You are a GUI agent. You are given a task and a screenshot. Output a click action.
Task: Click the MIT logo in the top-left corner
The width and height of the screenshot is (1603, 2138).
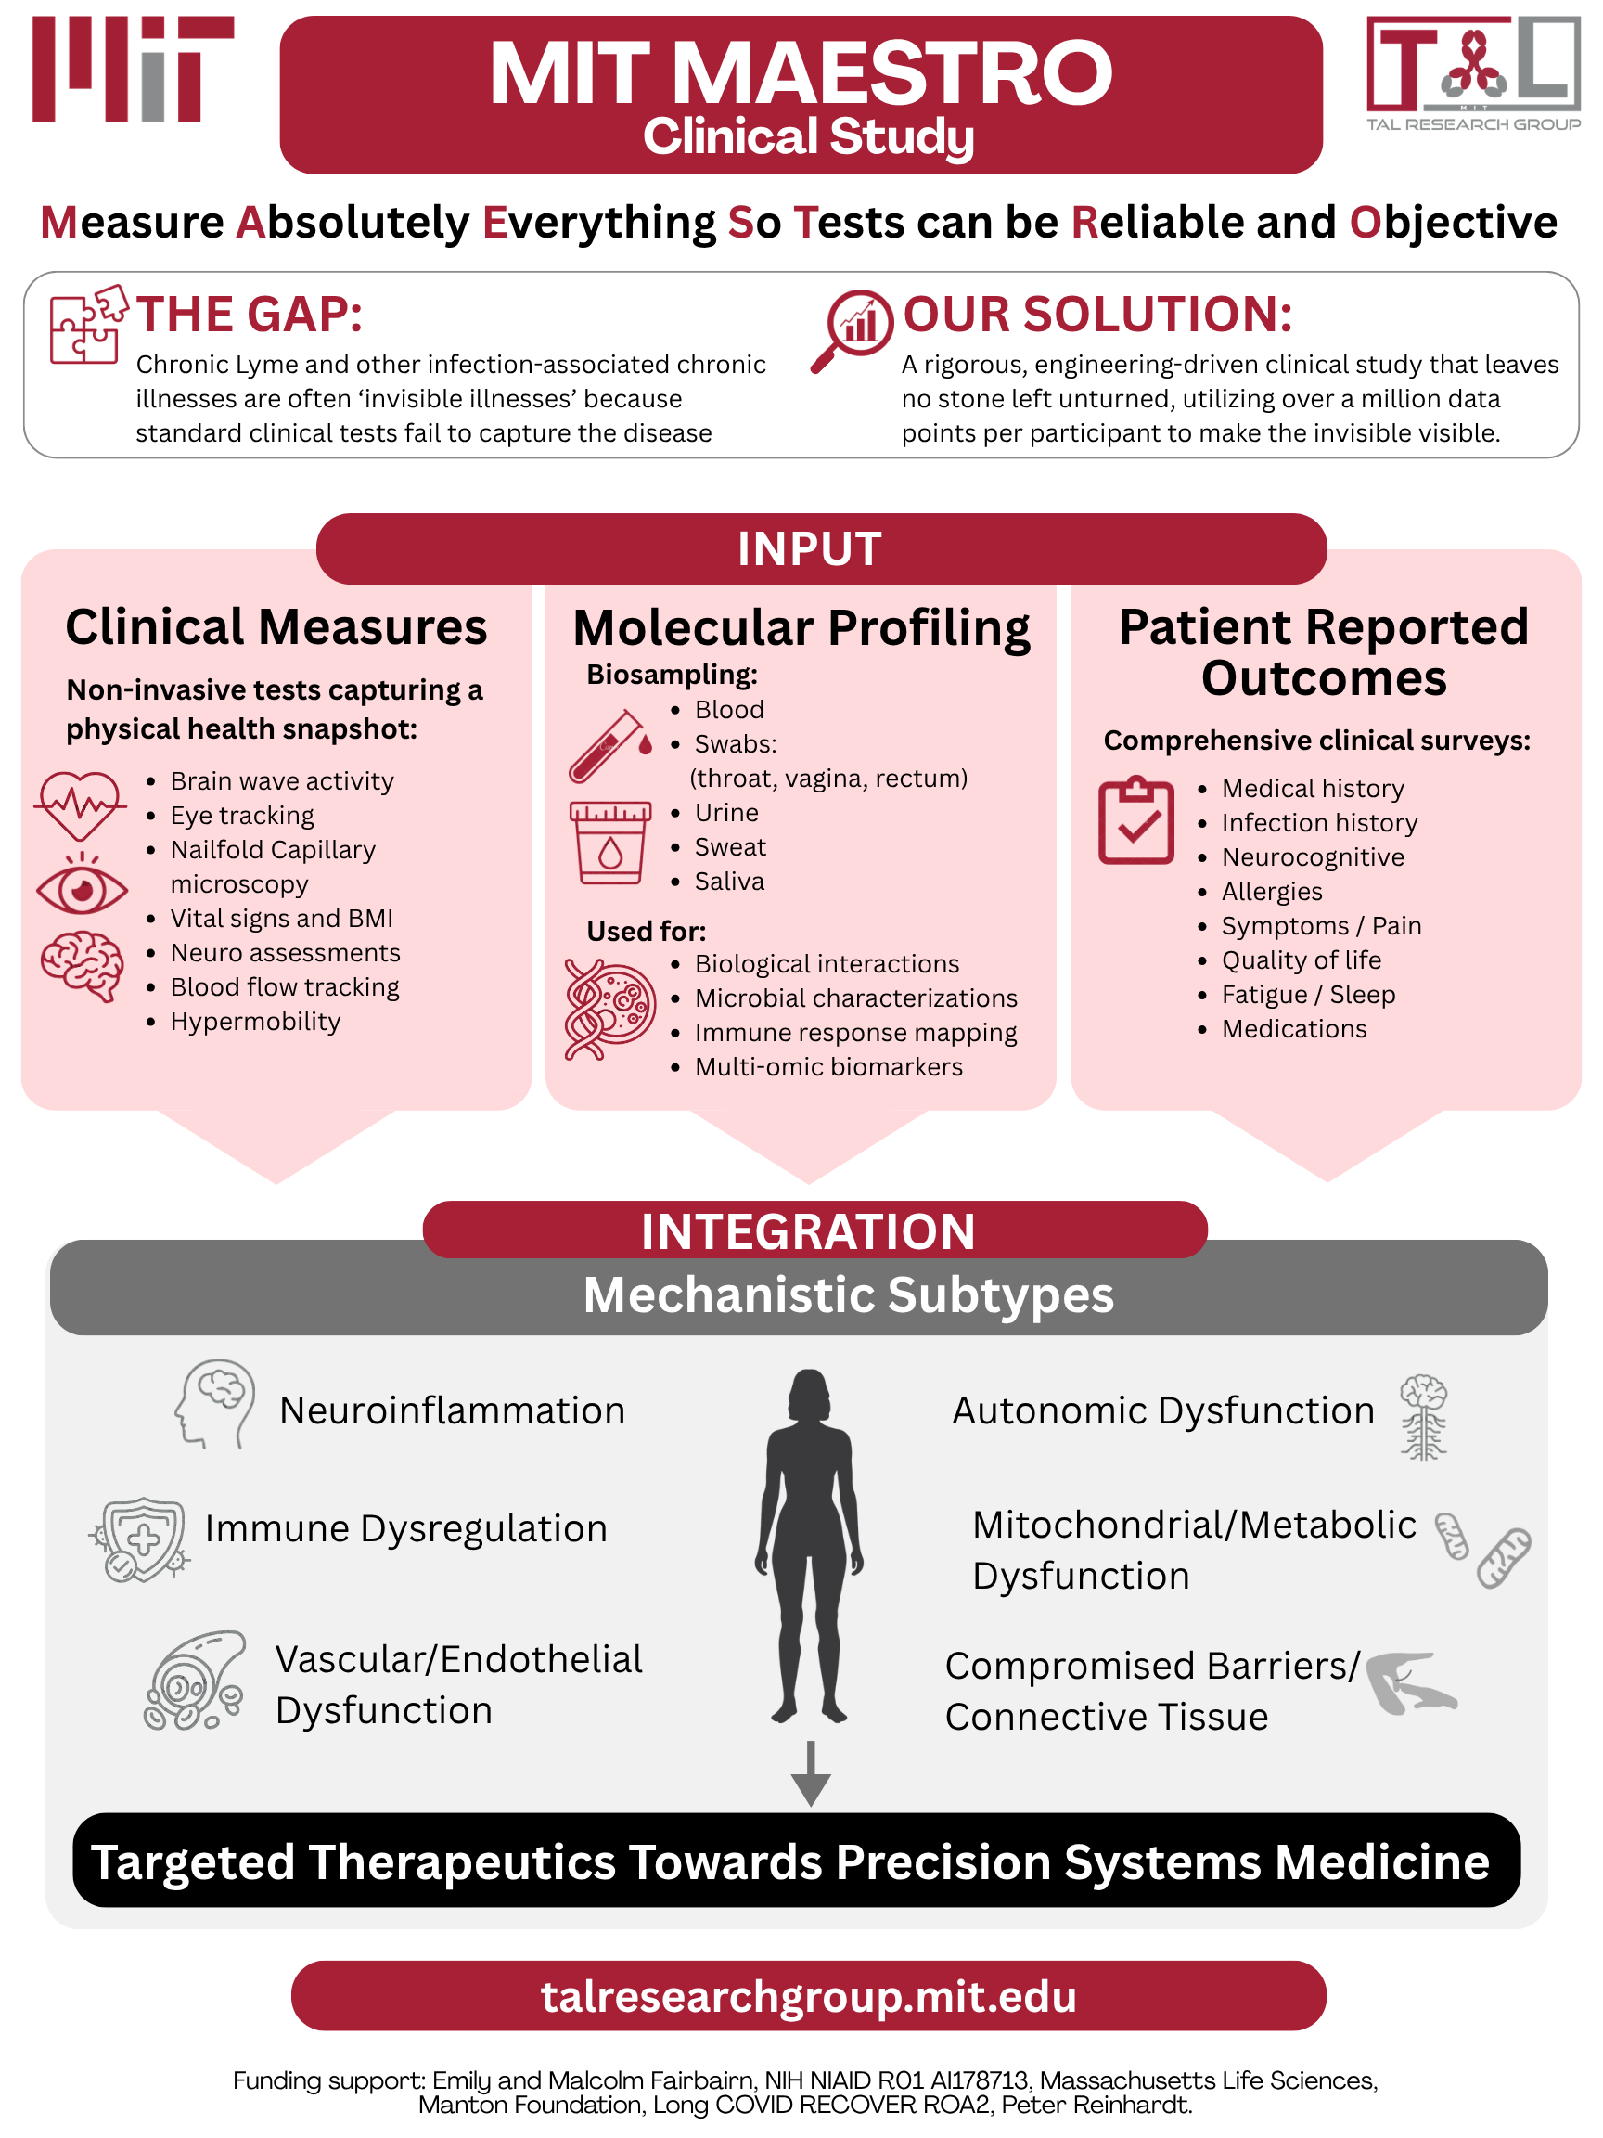pyautogui.click(x=133, y=69)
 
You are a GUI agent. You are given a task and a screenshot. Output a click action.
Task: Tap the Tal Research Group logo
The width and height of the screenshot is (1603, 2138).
pyautogui.click(x=1472, y=73)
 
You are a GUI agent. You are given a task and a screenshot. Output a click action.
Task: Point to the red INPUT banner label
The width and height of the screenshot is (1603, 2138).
pyautogui.click(x=810, y=549)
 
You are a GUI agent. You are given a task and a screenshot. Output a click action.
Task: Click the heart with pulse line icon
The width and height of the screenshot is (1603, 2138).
pyautogui.click(x=80, y=805)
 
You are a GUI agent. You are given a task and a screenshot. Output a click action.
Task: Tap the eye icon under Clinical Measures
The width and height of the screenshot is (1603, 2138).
pyautogui.click(x=83, y=885)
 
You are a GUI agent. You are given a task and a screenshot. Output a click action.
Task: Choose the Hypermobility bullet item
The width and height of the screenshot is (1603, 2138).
pyautogui.click(x=255, y=1022)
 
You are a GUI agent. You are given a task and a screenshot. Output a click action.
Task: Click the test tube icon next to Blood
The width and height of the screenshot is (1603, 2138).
pyautogui.click(x=609, y=746)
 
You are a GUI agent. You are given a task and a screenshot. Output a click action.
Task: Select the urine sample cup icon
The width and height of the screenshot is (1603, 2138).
pyautogui.click(x=609, y=842)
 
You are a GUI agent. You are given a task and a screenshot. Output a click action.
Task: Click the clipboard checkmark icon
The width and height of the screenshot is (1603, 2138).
pyautogui.click(x=1136, y=820)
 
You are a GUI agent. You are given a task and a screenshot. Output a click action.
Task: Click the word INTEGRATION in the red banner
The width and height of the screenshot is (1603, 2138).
pyautogui.click(x=809, y=1231)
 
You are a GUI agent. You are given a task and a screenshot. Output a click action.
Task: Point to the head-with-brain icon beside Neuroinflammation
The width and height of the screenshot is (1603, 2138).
pyautogui.click(x=214, y=1404)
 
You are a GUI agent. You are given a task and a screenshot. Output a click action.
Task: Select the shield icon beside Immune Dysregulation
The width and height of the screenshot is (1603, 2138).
pyautogui.click(x=140, y=1539)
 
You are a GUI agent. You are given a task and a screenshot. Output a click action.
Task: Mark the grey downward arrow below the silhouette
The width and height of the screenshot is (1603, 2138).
pyautogui.click(x=811, y=1773)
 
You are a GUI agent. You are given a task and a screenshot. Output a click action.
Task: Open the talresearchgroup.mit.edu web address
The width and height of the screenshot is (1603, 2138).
pyautogui.click(x=809, y=1997)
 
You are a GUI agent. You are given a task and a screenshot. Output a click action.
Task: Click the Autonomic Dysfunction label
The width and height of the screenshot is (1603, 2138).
pyautogui.click(x=1163, y=1410)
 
